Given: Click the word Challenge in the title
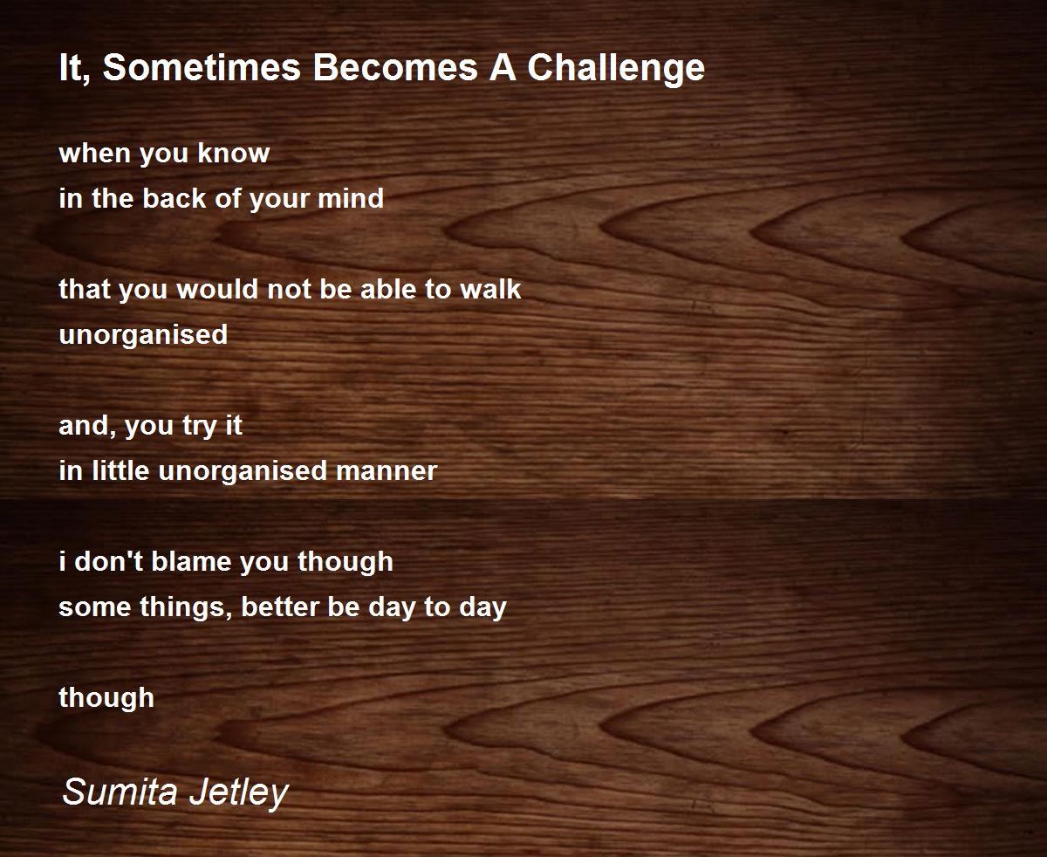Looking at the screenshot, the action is [x=616, y=69].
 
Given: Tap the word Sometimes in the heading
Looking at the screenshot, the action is [x=202, y=67].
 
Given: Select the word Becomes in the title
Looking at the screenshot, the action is [x=395, y=67].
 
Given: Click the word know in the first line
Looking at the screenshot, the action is [x=233, y=153].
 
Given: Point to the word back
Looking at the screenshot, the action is [x=174, y=198].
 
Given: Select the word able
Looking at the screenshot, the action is [x=387, y=289].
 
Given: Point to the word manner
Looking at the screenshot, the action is [x=387, y=470].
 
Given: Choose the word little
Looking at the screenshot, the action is [x=120, y=470].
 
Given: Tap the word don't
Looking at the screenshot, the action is [x=109, y=561].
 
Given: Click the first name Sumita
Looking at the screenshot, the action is [x=120, y=791].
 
